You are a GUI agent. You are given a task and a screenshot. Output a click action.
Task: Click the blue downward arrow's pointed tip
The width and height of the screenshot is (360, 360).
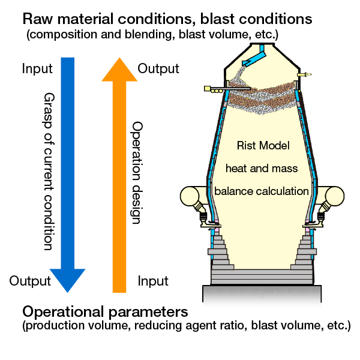pos(67,292)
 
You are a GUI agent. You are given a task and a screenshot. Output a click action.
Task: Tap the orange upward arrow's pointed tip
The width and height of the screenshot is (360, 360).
pos(119,58)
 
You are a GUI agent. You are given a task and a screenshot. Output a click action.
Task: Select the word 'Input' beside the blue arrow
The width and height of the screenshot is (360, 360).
pos(37,68)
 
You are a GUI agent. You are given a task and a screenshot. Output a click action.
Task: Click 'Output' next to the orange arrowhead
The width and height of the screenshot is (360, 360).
pos(158,68)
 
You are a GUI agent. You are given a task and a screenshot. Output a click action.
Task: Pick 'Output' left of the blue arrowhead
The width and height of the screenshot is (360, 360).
pos(30,281)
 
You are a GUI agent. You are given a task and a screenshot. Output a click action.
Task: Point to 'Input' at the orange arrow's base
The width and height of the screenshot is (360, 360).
pos(153,281)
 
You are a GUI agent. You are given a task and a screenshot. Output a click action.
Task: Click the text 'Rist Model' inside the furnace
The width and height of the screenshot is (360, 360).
pos(263,146)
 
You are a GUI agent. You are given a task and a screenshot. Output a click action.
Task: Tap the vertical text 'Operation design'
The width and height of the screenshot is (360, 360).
pos(136,173)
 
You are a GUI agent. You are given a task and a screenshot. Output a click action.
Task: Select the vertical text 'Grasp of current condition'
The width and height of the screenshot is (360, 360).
pos(49,171)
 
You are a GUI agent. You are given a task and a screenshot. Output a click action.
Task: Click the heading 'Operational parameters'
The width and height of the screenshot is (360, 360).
pos(105,312)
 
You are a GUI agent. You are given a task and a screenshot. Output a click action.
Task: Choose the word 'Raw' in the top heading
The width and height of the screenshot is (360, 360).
pos(38,19)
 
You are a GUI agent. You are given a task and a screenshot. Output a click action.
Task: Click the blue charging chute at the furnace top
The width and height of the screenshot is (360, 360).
pos(254,56)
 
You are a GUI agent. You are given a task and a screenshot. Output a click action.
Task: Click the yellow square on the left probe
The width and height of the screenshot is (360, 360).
pos(208,88)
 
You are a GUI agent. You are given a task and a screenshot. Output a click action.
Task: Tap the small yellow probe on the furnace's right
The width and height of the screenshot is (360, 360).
pos(304,74)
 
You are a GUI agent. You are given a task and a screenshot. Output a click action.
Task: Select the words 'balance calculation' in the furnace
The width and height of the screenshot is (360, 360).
pos(262,191)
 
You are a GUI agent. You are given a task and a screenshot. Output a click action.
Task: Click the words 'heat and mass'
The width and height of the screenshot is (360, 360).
pos(262,168)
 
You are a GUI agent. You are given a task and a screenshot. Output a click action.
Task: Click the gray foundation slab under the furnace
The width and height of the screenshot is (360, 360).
pos(262,294)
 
